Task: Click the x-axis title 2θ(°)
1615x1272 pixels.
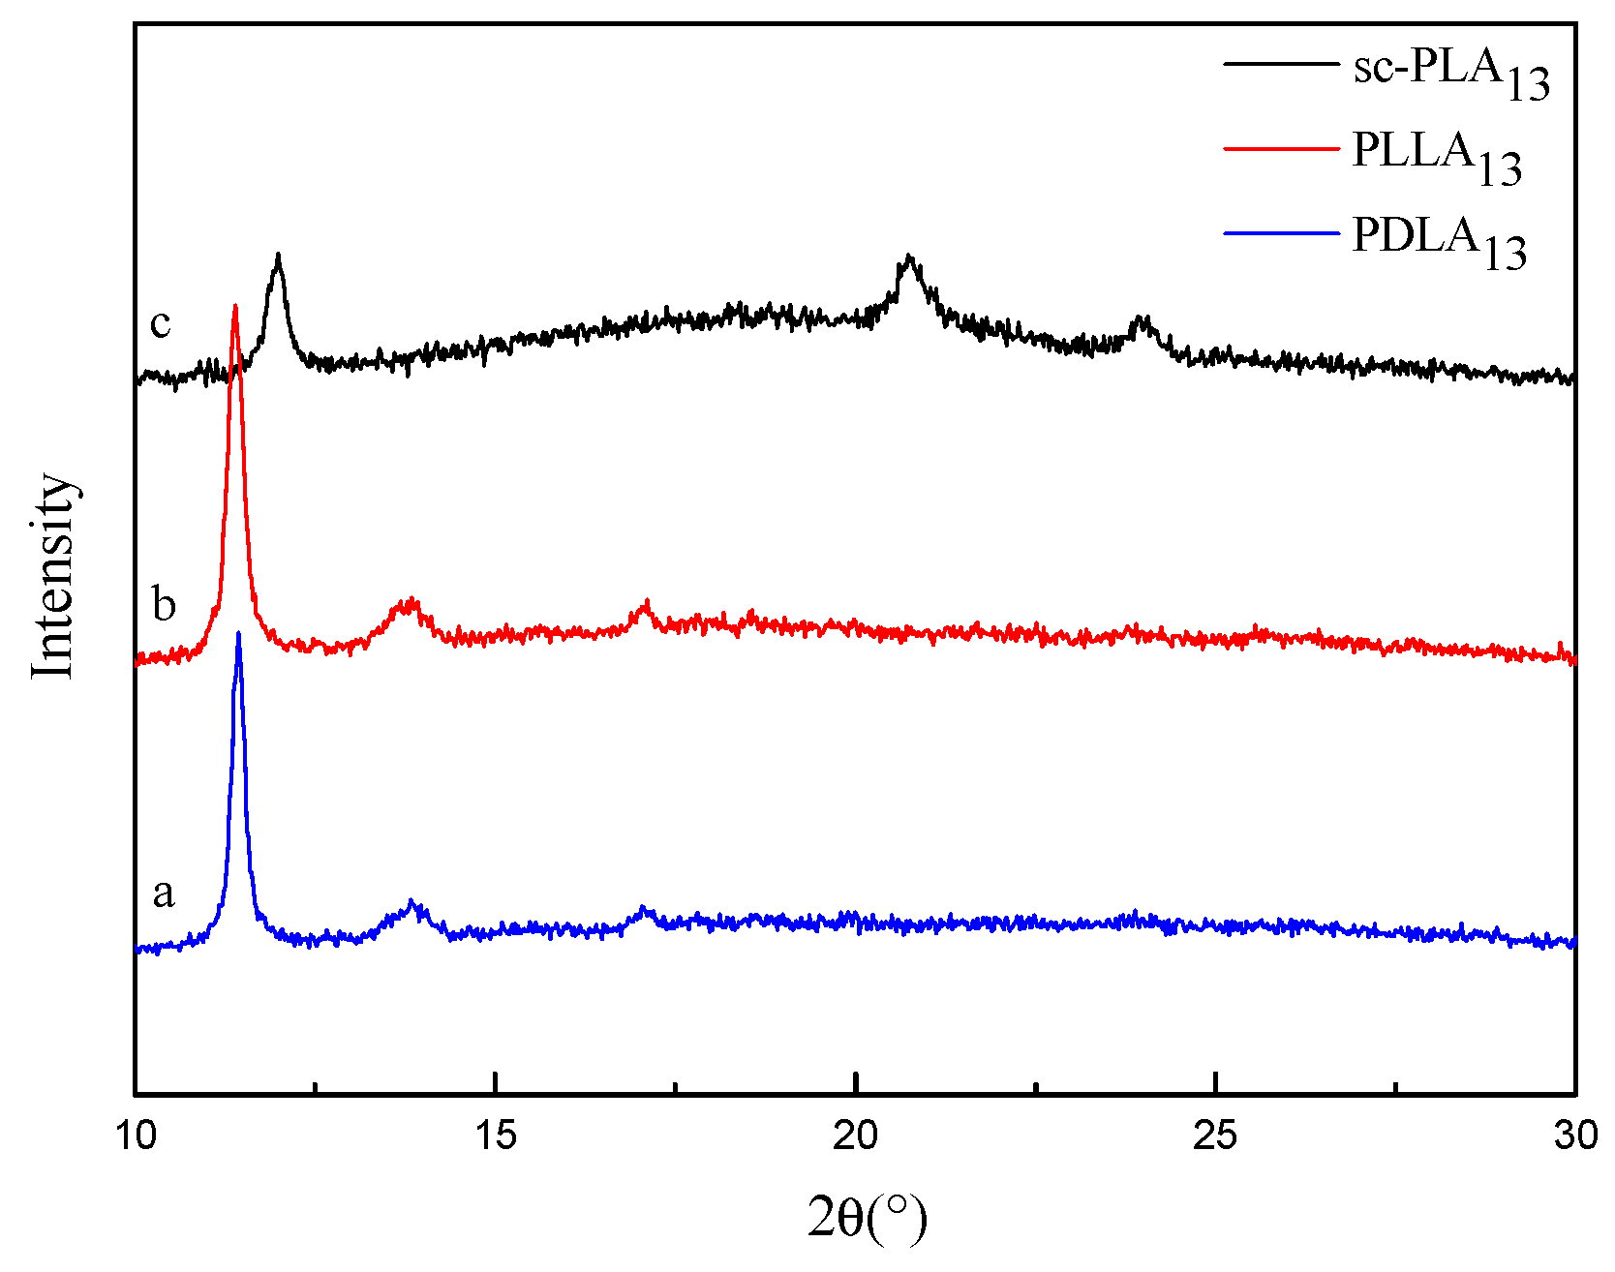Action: (x=867, y=1218)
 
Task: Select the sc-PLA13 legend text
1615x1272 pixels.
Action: (x=1450, y=72)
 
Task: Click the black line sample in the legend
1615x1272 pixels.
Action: (x=1280, y=64)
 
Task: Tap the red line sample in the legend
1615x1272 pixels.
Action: (x=1280, y=148)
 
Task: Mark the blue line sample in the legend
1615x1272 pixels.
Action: (x=1280, y=232)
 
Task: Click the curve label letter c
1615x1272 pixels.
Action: (x=161, y=322)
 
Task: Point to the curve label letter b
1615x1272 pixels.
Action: (x=164, y=604)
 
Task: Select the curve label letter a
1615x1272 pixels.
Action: (x=164, y=892)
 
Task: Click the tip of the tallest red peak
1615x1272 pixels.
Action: (x=234, y=306)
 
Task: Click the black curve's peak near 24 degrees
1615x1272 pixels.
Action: (x=1143, y=318)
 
